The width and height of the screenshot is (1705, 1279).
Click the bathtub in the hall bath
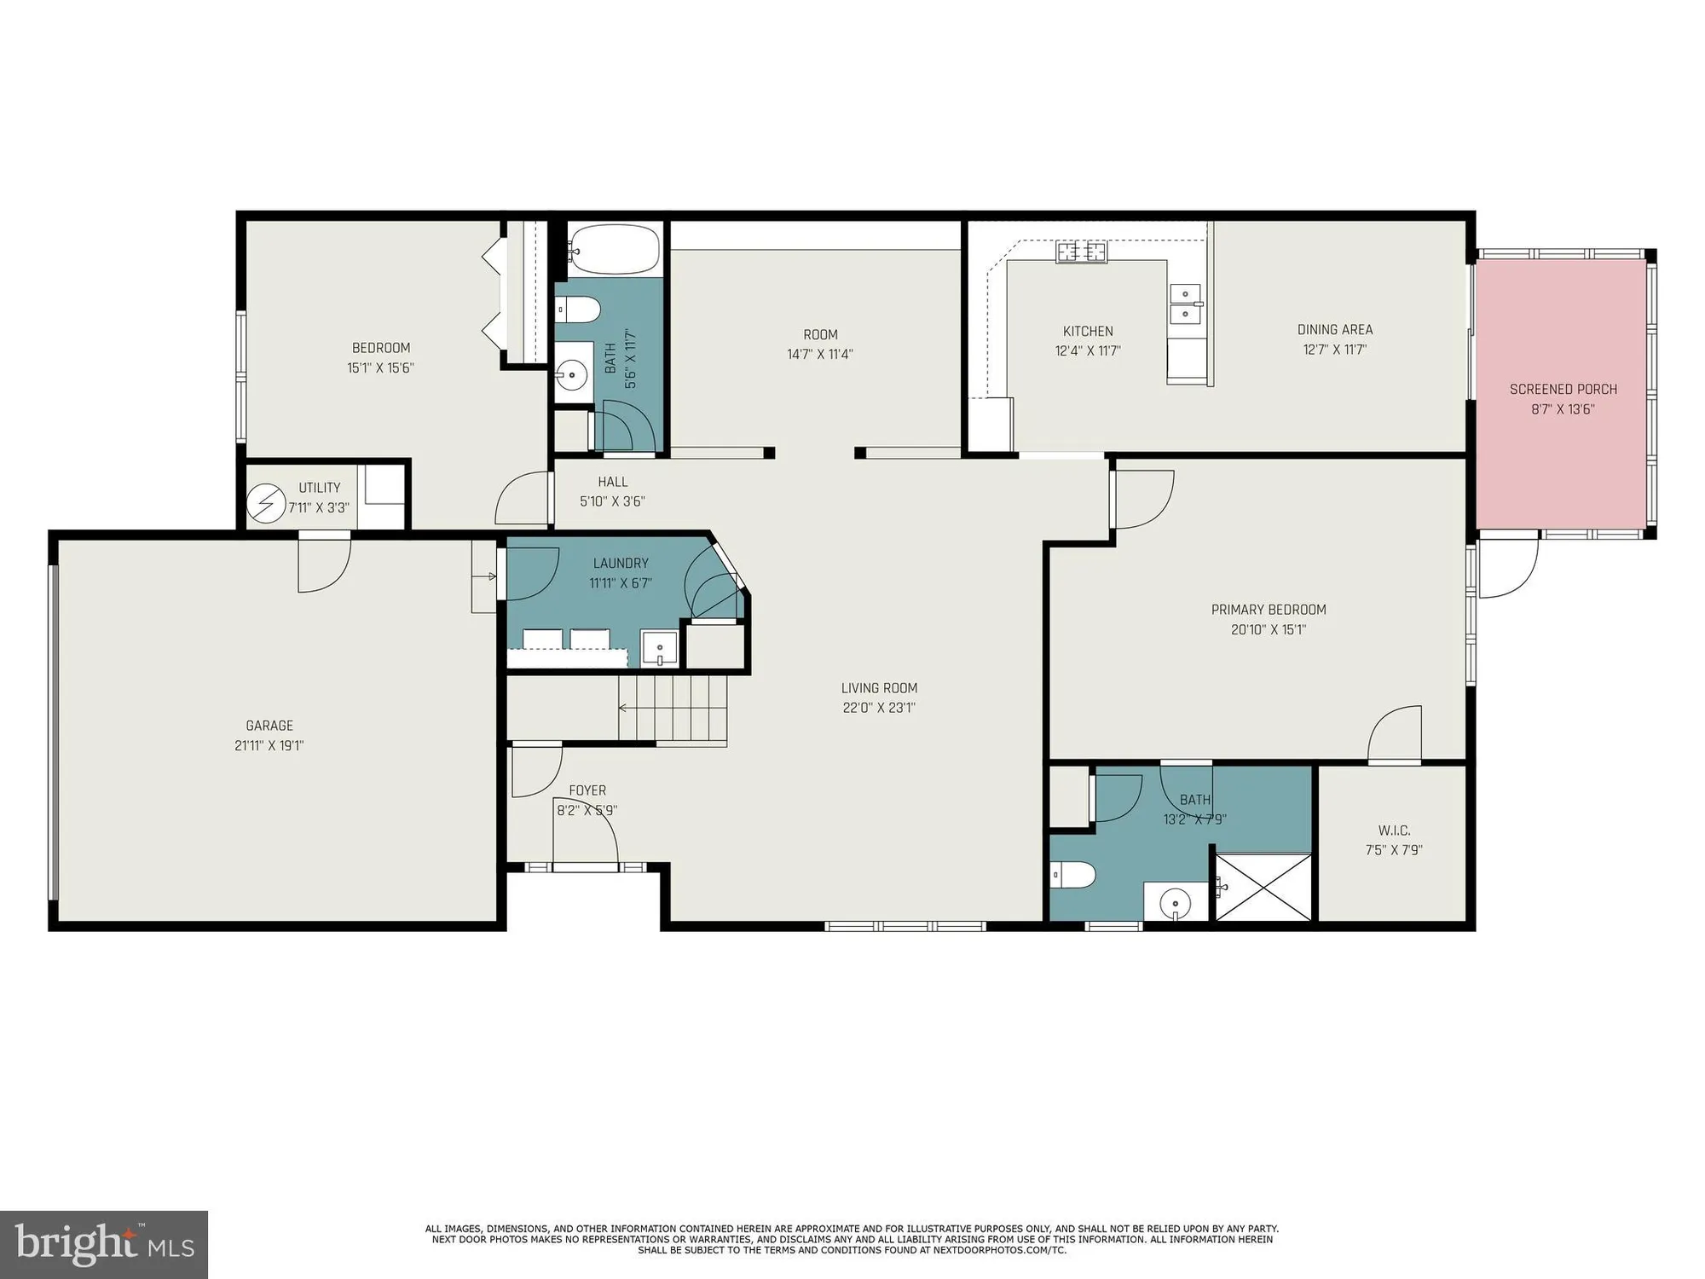[x=615, y=248]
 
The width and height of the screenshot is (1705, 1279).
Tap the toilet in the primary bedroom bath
[x=1072, y=875]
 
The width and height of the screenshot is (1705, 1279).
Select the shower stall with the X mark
[x=1263, y=888]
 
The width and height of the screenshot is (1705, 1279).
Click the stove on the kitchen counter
[x=1082, y=252]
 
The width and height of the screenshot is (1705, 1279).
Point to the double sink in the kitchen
[x=1185, y=304]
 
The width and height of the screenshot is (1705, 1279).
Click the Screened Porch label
[x=1563, y=390]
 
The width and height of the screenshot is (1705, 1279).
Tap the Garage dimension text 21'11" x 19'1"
[x=269, y=745]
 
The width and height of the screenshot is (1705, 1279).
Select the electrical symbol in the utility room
[x=265, y=503]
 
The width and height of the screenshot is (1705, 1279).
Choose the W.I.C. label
[x=1394, y=830]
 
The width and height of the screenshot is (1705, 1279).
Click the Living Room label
[x=879, y=688]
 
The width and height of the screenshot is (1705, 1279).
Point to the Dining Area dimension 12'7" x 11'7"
[x=1334, y=350]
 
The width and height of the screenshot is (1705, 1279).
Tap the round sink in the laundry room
[x=660, y=648]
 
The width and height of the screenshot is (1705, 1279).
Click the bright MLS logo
[x=104, y=1245]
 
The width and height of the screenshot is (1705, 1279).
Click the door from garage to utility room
[x=324, y=562]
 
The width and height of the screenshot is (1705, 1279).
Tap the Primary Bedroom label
[x=1269, y=610]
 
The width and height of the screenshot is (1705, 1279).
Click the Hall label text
[x=612, y=482]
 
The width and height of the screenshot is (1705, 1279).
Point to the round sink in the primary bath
[x=1176, y=902]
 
